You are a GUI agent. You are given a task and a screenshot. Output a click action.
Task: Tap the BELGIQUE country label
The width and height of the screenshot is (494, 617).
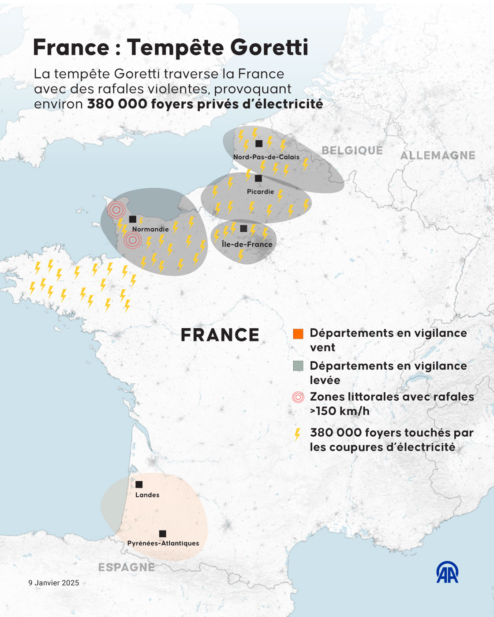click(x=352, y=151)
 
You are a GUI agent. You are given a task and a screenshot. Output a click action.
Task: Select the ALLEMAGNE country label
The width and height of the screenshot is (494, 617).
click(x=438, y=156)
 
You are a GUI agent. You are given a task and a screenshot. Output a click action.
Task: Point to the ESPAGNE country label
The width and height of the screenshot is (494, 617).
click(x=127, y=567)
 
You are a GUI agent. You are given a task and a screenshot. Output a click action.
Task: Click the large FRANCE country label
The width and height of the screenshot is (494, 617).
click(x=220, y=335)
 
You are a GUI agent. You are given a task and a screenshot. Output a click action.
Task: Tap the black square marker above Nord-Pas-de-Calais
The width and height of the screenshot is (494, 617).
click(x=259, y=143)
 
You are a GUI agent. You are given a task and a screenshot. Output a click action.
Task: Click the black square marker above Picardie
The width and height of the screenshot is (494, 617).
click(x=258, y=178)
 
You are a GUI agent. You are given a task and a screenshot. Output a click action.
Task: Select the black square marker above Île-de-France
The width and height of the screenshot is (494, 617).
click(x=243, y=229)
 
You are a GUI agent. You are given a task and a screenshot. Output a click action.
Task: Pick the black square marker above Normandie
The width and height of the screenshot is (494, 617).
click(x=132, y=219)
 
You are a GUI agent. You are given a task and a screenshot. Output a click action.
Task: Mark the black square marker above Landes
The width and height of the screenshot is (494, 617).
click(x=139, y=484)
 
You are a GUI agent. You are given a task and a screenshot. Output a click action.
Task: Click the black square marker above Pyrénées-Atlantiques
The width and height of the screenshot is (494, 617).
click(x=162, y=534)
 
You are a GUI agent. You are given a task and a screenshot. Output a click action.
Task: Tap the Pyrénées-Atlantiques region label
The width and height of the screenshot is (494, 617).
click(x=163, y=543)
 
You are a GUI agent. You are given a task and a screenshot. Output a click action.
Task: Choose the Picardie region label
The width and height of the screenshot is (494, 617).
click(x=260, y=192)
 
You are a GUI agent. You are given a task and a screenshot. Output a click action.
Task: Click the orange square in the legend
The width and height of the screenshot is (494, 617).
click(x=298, y=334)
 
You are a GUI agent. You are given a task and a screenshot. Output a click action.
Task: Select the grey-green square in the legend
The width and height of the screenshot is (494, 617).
click(x=298, y=366)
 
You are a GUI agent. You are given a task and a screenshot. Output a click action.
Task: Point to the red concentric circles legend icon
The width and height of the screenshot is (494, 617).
click(x=298, y=397)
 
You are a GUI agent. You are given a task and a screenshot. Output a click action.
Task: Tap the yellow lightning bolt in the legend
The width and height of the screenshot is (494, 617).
click(x=298, y=434)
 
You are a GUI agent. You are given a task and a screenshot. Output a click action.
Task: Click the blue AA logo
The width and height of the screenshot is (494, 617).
click(x=447, y=572)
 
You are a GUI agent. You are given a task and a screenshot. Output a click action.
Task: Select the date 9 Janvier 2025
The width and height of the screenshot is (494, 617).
click(x=54, y=583)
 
